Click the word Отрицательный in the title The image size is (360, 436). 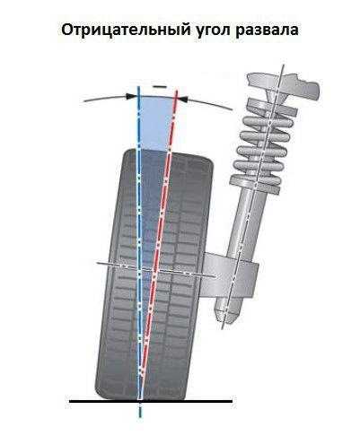(x=126, y=31)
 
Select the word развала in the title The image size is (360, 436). (x=267, y=31)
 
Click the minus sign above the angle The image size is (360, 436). (x=159, y=86)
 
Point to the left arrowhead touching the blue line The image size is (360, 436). (x=131, y=96)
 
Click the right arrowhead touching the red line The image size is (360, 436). (x=182, y=98)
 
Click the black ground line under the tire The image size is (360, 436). (x=151, y=401)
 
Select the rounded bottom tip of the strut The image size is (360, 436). (x=229, y=311)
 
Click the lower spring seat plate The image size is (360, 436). (x=255, y=183)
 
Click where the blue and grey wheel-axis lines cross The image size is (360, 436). (x=139, y=272)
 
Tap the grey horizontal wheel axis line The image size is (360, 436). (x=156, y=269)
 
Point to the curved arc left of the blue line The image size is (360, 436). (x=105, y=98)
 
